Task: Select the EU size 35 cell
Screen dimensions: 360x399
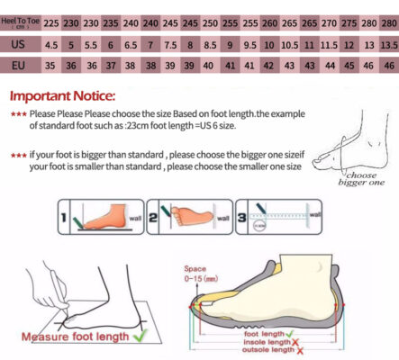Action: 51,66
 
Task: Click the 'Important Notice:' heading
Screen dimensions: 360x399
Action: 61,96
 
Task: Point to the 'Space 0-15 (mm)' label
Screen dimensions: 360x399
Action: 196,274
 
